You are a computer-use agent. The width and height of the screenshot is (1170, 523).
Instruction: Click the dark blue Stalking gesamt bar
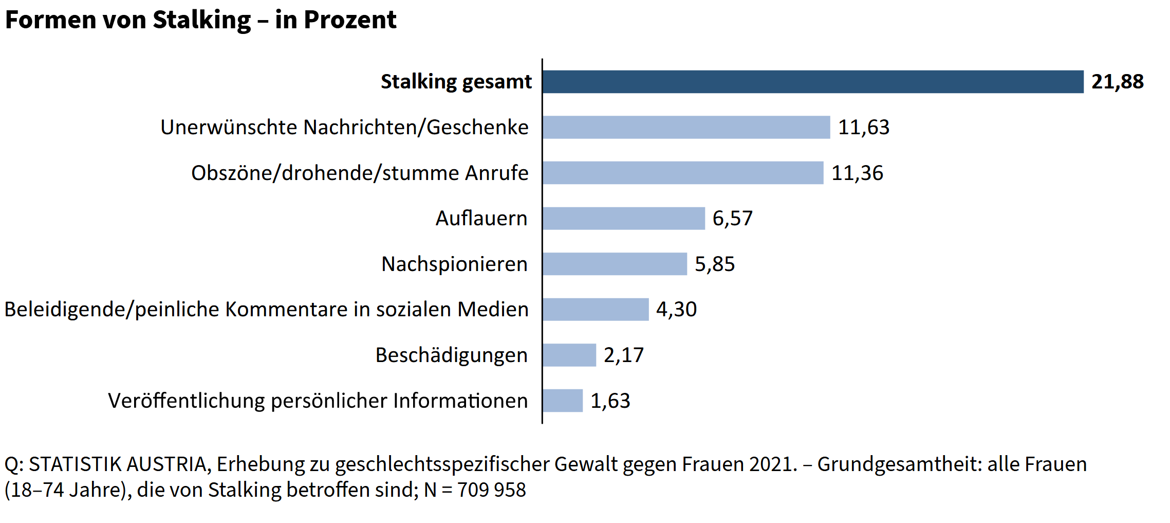(x=812, y=82)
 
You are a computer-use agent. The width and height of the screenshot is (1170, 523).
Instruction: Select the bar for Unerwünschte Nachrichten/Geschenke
(x=686, y=127)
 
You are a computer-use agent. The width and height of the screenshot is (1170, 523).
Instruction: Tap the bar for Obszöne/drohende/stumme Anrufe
(x=683, y=173)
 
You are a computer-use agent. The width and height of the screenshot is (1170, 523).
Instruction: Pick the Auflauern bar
(x=623, y=219)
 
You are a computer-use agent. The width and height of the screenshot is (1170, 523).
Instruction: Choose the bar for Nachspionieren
(x=615, y=264)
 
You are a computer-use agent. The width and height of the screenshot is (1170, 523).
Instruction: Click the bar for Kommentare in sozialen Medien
(x=596, y=310)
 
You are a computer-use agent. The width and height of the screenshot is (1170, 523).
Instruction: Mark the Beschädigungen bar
(x=569, y=355)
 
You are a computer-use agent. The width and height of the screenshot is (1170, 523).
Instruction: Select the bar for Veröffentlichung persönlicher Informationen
(x=563, y=401)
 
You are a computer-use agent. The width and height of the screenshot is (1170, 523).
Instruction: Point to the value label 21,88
(x=1117, y=82)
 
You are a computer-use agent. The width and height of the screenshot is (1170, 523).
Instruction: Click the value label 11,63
(x=863, y=128)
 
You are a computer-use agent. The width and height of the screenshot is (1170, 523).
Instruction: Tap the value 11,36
(x=857, y=173)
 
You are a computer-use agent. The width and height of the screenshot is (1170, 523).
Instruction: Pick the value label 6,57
(x=732, y=219)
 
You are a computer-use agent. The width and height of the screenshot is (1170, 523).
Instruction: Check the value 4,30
(x=676, y=310)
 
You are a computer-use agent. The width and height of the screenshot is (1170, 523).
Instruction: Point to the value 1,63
(x=610, y=401)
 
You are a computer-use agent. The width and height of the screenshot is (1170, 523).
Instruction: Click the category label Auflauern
(x=481, y=219)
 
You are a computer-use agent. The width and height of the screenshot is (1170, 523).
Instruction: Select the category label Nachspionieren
(x=454, y=264)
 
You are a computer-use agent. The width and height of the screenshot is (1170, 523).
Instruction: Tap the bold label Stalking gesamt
(x=456, y=82)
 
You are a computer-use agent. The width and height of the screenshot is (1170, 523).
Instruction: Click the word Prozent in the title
(x=349, y=20)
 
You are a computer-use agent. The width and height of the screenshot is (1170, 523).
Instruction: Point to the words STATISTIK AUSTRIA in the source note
(x=118, y=464)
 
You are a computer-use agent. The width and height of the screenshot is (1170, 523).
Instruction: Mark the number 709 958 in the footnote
(x=491, y=490)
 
